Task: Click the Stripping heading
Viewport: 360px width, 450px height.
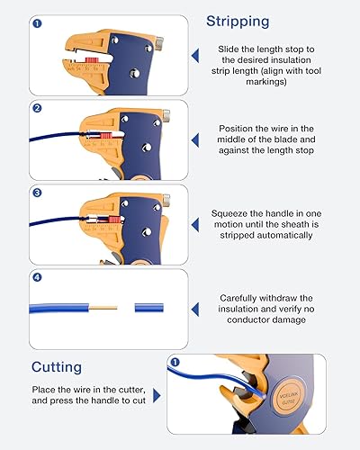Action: click(x=237, y=22)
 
